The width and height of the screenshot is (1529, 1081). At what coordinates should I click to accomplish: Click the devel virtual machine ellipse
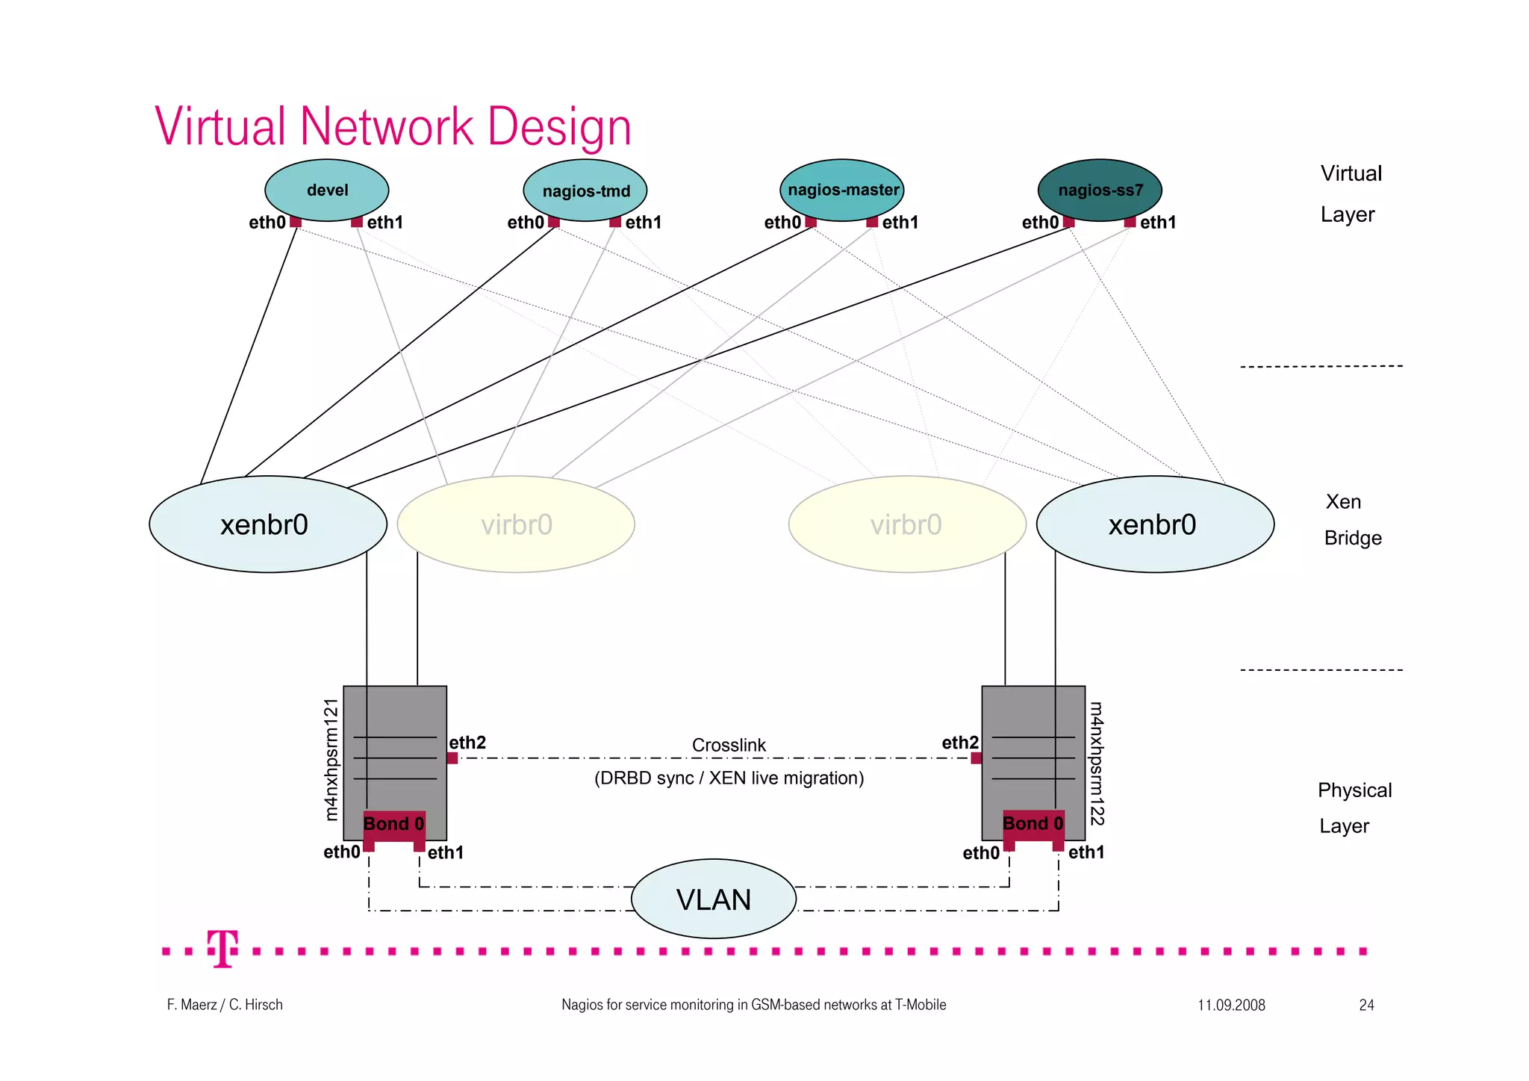click(327, 190)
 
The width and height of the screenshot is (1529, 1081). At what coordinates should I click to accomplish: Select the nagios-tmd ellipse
click(585, 191)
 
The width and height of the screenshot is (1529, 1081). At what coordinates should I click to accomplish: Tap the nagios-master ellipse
click(843, 190)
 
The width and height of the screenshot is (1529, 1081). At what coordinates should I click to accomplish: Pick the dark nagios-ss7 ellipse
click(1100, 190)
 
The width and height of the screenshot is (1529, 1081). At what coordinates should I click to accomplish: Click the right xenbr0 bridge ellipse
click(1154, 524)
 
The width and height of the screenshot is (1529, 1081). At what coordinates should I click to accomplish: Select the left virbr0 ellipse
click(516, 524)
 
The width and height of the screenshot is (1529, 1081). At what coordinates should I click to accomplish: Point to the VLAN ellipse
click(714, 899)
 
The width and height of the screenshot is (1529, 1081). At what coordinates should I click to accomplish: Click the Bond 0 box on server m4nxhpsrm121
click(394, 825)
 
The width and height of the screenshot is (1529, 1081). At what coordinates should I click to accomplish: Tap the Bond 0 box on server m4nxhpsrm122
click(1033, 824)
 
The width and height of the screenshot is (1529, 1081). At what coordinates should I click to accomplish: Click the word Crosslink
click(729, 746)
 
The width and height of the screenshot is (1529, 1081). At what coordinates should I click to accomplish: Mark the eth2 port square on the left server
click(452, 758)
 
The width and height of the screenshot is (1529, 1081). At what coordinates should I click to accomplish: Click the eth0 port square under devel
click(296, 222)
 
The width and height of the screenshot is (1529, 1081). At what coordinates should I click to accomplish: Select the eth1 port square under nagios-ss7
click(1130, 222)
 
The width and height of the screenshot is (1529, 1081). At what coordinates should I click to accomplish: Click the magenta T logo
click(222, 949)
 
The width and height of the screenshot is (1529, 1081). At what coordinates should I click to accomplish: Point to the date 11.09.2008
click(1231, 1005)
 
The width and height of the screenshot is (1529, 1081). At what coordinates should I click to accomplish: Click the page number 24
click(1366, 1005)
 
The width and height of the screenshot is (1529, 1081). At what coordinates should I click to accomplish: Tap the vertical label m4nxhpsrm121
click(332, 760)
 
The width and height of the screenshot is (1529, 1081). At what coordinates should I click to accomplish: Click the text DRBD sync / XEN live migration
click(729, 778)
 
